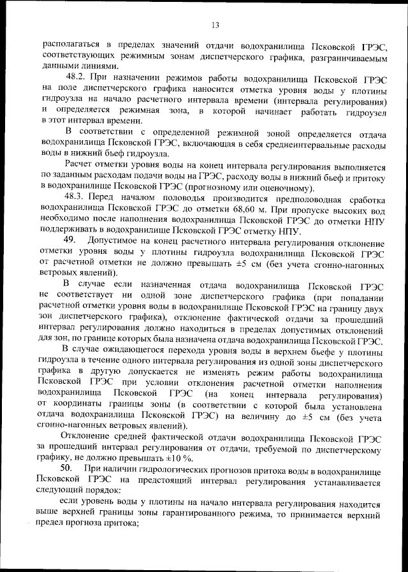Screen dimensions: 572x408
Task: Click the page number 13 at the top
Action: coord(215,25)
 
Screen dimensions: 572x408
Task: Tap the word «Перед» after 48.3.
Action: coord(106,198)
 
